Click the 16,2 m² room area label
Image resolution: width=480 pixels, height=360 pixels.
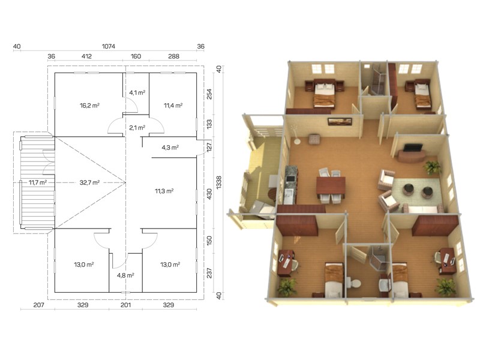click(89, 106)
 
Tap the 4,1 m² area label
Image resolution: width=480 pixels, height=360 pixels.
click(137, 92)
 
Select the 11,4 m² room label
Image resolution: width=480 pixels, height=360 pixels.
click(173, 106)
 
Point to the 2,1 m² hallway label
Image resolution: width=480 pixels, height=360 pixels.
click(137, 128)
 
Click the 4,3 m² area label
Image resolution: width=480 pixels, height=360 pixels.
click(170, 148)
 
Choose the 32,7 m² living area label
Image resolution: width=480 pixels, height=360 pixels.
click(89, 183)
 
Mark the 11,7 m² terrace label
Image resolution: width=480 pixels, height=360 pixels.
click(38, 183)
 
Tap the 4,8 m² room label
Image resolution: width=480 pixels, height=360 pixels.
click(125, 275)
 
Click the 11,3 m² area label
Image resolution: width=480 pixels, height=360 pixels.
click(164, 191)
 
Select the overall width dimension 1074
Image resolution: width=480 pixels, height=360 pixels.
click(109, 46)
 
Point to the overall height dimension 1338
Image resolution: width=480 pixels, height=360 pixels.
click(219, 182)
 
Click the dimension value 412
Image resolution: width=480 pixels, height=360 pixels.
click(86, 56)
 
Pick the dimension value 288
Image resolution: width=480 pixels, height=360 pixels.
click(173, 56)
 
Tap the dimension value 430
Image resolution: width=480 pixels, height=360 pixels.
click(209, 193)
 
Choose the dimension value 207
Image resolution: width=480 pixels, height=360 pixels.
click(38, 305)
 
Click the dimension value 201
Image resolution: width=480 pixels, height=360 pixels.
click(125, 305)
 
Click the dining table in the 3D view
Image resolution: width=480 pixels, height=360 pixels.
click(331, 186)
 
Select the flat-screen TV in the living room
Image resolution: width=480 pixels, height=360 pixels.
click(413, 148)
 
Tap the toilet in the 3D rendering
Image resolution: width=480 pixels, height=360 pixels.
click(354, 283)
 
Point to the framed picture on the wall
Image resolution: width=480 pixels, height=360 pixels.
click(340, 122)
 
